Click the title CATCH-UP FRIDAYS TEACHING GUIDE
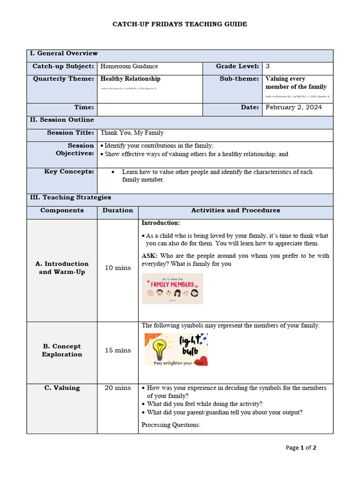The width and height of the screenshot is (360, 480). point(180,24)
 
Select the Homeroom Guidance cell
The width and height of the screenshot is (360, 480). point(129,67)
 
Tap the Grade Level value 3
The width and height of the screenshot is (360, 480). point(268,67)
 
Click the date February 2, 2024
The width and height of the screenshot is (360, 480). point(293,107)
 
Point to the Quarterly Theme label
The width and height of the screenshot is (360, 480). point(63,79)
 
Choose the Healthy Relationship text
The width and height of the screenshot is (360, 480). point(130,79)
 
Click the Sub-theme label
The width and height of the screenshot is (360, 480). point(239,79)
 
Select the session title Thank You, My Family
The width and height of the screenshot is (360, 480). point(132,133)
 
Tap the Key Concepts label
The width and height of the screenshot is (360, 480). point(69,172)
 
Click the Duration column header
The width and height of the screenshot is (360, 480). point(118,210)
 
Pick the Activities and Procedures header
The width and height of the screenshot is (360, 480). point(235,210)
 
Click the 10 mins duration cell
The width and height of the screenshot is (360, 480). point(118,268)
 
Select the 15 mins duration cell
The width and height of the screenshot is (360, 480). point(118,350)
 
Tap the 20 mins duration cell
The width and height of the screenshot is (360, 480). point(118,388)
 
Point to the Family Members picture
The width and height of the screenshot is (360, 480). point(172,289)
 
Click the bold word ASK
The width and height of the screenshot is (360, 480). point(149,256)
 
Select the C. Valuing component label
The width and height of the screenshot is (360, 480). point(62,388)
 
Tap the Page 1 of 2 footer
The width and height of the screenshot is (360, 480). point(301,448)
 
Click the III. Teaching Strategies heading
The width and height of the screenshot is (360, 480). point(70,197)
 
